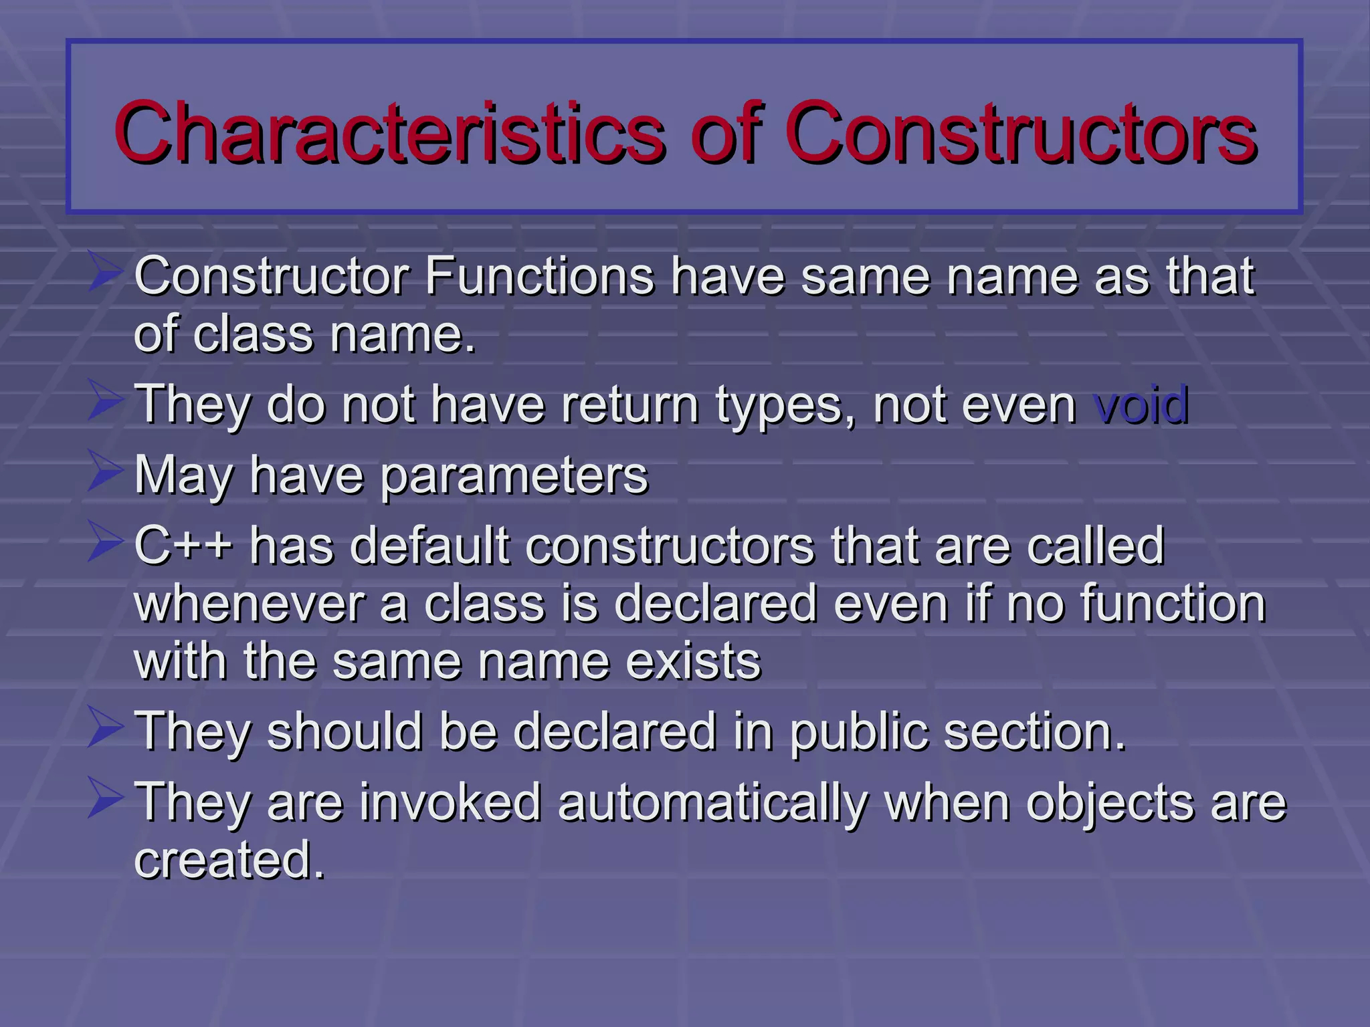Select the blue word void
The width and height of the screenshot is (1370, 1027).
coord(1141,405)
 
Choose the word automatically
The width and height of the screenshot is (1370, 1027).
coord(712,802)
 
